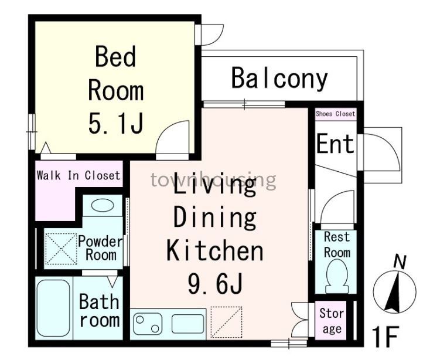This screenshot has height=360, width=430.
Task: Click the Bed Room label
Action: tap(115, 74)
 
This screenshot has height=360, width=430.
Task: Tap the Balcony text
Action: tap(279, 79)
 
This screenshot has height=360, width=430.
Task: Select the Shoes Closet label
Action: tap(335, 114)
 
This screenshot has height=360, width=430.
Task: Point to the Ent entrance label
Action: tap(335, 144)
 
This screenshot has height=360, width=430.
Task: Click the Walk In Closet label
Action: tap(79, 175)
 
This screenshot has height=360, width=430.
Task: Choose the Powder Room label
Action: tap(100, 247)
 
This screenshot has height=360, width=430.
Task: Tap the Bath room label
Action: tap(99, 311)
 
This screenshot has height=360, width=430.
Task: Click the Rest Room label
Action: tap(336, 244)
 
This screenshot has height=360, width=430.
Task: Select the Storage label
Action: tap(332, 321)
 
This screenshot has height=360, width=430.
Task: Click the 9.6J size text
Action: tap(215, 285)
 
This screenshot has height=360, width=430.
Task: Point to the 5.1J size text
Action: tap(115, 123)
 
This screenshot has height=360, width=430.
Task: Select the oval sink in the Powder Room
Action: tap(103, 206)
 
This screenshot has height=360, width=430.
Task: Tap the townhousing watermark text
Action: tap(213, 179)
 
